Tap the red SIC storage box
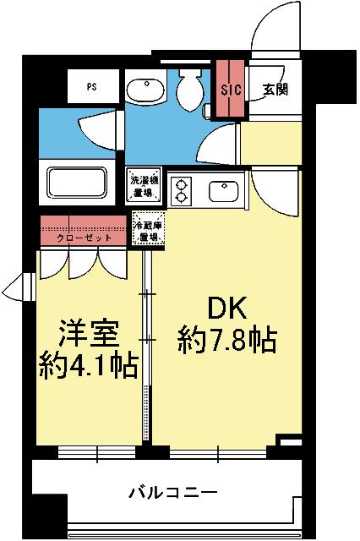pos(231,89)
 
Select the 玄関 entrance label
pos(274,89)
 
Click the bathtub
pos(79,183)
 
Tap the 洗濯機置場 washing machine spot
pos(140,185)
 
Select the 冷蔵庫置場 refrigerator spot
pos(149,230)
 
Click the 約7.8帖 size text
pos(227,341)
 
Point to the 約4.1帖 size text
pos(89,366)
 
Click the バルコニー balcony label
pos(173,490)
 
